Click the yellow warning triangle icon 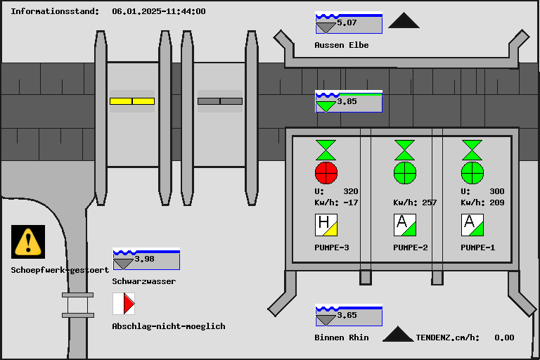pyautogui.click(x=28, y=241)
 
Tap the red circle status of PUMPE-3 pyautogui.click(x=326, y=172)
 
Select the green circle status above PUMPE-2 pyautogui.click(x=404, y=172)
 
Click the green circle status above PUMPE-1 pyautogui.click(x=472, y=172)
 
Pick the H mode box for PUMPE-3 pyautogui.click(x=326, y=225)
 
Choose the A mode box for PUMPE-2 pyautogui.click(x=404, y=225)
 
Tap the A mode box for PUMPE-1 pyautogui.click(x=472, y=225)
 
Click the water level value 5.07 pyautogui.click(x=347, y=23)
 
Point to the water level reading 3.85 pyautogui.click(x=347, y=101)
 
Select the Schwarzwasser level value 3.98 pyautogui.click(x=145, y=259)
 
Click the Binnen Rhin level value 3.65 pyautogui.click(x=347, y=315)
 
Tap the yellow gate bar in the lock pyautogui.click(x=131, y=101)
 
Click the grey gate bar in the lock pyautogui.click(x=220, y=101)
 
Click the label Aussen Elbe pyautogui.click(x=342, y=45)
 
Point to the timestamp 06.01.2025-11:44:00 pyautogui.click(x=159, y=11)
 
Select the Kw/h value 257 pyautogui.click(x=429, y=202)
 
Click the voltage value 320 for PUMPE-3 pyautogui.click(x=350, y=191)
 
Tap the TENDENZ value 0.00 pyautogui.click(x=504, y=337)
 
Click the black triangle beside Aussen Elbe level pyautogui.click(x=404, y=21)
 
